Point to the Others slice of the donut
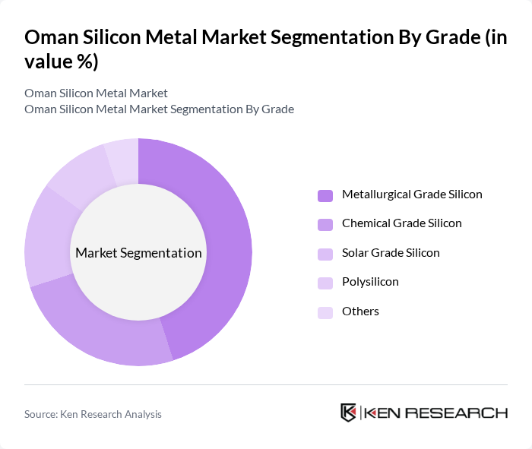coord(122,157)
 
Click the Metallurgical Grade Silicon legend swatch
coord(325,195)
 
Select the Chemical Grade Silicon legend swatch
coord(325,224)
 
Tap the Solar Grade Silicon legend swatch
coord(325,254)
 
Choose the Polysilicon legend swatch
coord(325,283)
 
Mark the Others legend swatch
coord(325,312)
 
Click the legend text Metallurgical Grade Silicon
coord(412,194)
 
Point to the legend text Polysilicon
coord(370,282)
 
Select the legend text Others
coord(360,311)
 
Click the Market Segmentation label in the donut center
coord(138,253)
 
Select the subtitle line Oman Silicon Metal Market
coord(96,93)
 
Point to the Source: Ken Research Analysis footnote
coord(93,414)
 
